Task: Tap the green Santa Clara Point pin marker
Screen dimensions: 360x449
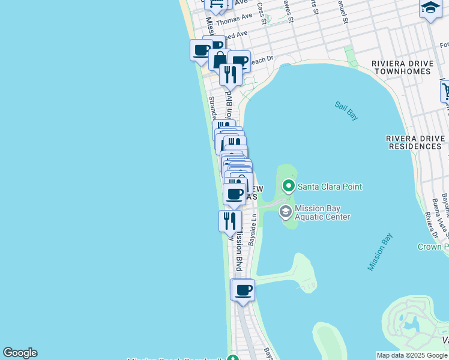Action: [x=289, y=186]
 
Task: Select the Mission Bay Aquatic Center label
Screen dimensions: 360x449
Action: [x=322, y=212]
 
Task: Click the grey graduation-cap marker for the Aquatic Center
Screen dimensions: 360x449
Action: [x=286, y=211]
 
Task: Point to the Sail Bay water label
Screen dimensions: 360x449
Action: [x=346, y=111]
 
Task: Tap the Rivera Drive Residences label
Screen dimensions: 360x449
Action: [x=417, y=142]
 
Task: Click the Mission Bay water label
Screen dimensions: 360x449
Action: [x=379, y=251]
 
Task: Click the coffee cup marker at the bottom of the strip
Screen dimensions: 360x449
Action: [x=243, y=291]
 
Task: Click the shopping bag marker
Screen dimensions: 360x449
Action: [x=220, y=59]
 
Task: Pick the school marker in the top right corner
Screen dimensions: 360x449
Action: [x=430, y=8]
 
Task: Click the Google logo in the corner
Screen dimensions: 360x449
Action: [x=20, y=353]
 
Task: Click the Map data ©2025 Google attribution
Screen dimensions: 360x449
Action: [x=412, y=355]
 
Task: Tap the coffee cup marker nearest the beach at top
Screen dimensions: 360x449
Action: [x=201, y=50]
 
